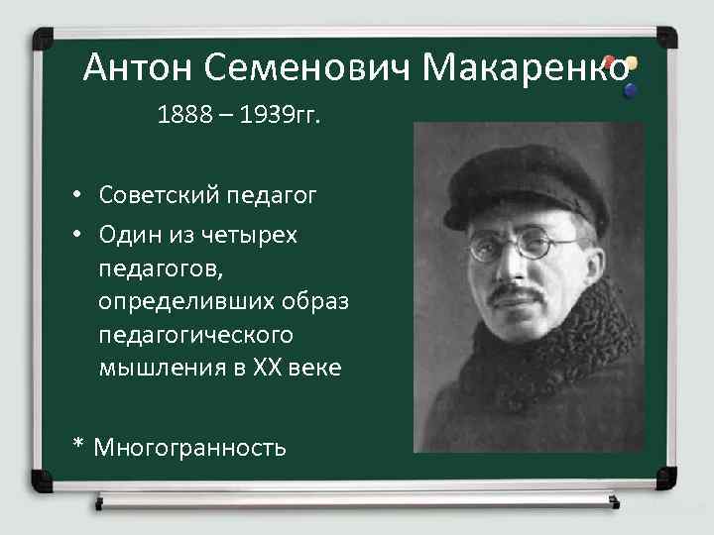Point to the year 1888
182,118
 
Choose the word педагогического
196,335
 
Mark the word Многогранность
189,448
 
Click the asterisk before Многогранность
78,446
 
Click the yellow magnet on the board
631,63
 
